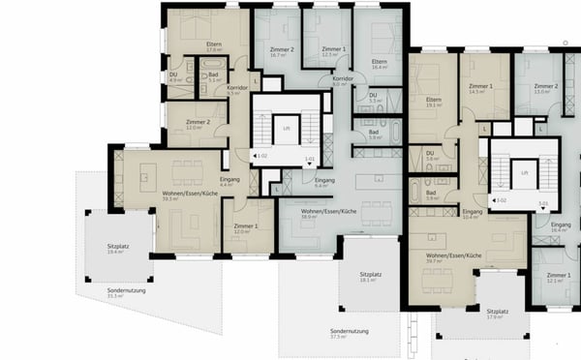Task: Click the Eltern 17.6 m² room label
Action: pos(215,47)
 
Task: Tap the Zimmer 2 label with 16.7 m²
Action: pos(282,52)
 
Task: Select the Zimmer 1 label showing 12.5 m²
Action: pos(333,52)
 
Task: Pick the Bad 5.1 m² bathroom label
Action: pos(213,77)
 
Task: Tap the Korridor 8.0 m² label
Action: pos(343,82)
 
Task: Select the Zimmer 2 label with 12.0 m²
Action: pos(198,125)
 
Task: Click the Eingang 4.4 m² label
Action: pos(230,181)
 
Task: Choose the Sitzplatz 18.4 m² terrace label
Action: pos(118,249)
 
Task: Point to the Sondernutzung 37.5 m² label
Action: pos(345,334)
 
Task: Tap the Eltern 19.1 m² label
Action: pos(433,103)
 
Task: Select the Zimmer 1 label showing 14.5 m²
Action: pos(481,89)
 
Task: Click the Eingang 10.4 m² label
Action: pos(472,215)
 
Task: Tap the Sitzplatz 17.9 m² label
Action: pos(498,315)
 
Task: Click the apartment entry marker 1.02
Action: pos(260,156)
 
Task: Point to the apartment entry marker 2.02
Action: pos(502,200)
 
